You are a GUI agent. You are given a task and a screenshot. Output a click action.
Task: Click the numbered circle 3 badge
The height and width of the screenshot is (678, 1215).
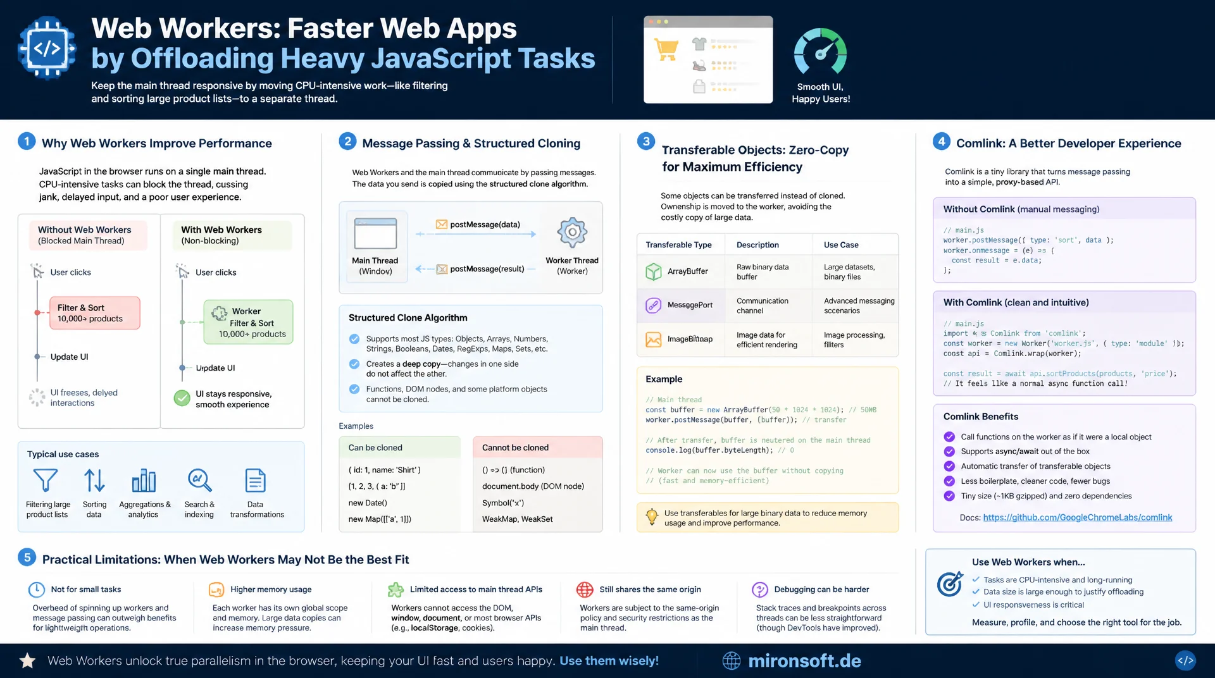pos(646,141)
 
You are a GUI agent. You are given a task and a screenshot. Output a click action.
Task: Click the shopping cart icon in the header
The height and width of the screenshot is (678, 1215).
pos(666,49)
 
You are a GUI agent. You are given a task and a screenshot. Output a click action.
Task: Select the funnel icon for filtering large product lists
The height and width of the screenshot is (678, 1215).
pos(46,480)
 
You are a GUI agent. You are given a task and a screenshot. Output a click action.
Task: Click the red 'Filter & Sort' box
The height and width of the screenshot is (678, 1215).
pos(95,313)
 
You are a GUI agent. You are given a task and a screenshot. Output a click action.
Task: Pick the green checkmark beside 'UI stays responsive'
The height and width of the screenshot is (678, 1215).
pos(182,398)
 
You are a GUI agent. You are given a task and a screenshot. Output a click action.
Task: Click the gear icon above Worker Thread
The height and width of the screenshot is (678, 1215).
pos(572,232)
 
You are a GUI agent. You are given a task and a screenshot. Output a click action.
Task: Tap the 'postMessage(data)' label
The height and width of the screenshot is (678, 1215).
pos(485,225)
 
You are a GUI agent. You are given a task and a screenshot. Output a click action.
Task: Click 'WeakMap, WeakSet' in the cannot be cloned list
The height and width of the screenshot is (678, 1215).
pos(517,519)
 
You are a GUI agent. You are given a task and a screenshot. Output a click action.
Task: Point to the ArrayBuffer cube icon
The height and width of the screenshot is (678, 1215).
pos(653,271)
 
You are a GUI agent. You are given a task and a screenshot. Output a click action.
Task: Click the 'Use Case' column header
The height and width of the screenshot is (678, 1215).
pos(841,245)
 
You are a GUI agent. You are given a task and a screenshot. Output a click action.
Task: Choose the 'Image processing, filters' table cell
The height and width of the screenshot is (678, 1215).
pos(854,340)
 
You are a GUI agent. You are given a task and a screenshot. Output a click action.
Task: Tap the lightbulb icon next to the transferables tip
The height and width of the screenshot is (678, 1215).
pos(652,517)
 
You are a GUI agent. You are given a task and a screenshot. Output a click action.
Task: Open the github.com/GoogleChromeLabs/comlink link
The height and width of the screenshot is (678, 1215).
pos(1078,517)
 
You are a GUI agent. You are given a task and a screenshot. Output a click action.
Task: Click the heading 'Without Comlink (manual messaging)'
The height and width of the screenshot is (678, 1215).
pos(1021,209)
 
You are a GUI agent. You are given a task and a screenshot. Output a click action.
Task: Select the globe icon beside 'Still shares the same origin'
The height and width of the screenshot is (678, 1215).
pos(585,589)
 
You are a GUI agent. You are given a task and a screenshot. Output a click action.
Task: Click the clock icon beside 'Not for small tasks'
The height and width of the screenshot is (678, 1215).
pos(37,589)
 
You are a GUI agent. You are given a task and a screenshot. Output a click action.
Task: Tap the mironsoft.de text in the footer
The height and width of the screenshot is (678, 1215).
pos(804,661)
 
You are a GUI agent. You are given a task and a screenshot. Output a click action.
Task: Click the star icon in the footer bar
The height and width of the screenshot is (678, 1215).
pos(27,661)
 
